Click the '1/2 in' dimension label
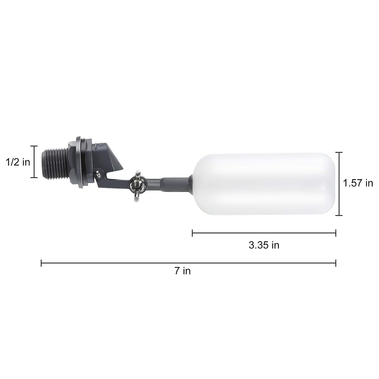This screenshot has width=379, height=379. (18, 162)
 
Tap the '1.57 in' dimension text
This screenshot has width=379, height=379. (358, 183)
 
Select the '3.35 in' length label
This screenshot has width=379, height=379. (264, 245)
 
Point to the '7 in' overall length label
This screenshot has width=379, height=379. (182, 271)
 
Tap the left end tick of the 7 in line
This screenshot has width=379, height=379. (41, 263)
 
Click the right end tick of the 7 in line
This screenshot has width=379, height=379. (336, 263)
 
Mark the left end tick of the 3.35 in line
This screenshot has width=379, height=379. (193, 233)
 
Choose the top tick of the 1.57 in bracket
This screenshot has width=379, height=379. (339, 152)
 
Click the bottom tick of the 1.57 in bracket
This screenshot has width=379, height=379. (339, 215)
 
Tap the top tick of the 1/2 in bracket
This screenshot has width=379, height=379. (34, 146)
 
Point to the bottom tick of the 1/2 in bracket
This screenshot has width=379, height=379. (34, 178)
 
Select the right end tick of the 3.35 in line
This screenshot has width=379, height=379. (336, 233)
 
